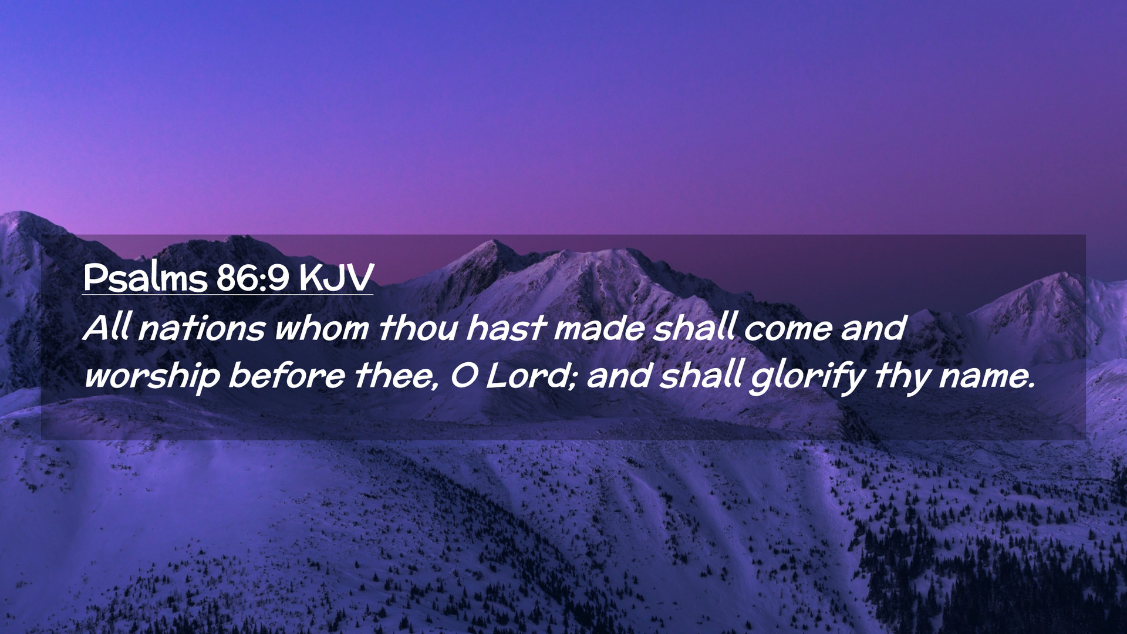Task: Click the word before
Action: pyautogui.click(x=286, y=375)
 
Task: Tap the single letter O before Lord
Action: pyautogui.click(x=464, y=376)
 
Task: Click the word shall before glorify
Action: pyautogui.click(x=701, y=375)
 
